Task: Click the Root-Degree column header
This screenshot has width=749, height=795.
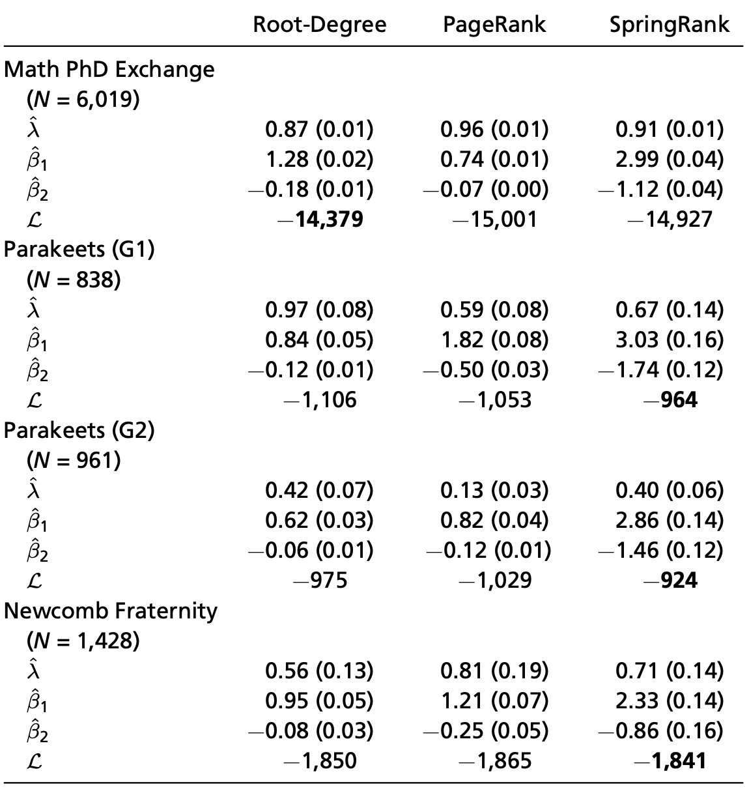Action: [319, 25]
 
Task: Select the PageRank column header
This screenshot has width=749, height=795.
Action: [494, 25]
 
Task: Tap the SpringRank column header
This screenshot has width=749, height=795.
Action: [669, 25]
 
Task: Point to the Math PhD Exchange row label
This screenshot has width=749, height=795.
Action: [109, 69]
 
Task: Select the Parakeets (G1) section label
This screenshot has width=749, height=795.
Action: [79, 250]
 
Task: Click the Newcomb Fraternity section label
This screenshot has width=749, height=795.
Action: [111, 611]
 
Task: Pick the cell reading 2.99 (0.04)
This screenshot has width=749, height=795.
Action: [669, 159]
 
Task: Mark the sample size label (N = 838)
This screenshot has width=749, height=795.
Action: [74, 280]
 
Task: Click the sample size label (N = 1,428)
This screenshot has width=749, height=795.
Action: [83, 641]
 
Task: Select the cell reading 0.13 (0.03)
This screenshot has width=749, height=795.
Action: [494, 490]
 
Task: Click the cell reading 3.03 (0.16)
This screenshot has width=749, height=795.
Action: [669, 340]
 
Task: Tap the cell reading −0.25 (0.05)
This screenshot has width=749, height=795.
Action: [486, 730]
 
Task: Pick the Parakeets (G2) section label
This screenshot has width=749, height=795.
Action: [79, 430]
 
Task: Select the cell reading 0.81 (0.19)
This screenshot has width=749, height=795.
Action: [494, 671]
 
